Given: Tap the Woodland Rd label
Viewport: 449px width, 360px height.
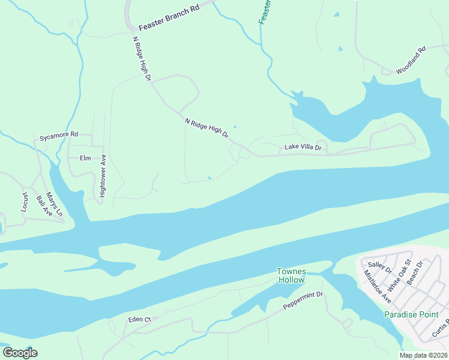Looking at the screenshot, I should pyautogui.click(x=410, y=61).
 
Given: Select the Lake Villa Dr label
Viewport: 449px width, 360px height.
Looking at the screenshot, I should pyautogui.click(x=303, y=147).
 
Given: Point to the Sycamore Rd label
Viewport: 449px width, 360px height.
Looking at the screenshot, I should pyautogui.click(x=59, y=136).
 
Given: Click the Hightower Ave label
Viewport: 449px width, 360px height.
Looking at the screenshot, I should pyautogui.click(x=103, y=176).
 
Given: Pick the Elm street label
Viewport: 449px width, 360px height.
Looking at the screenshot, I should pyautogui.click(x=84, y=158).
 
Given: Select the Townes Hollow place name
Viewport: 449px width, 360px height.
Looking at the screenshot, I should pyautogui.click(x=291, y=275).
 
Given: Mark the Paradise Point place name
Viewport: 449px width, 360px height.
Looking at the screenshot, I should pyautogui.click(x=416, y=314).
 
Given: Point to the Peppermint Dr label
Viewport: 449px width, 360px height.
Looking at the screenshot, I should pyautogui.click(x=303, y=301).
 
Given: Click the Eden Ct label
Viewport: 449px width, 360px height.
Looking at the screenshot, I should pyautogui.click(x=139, y=320).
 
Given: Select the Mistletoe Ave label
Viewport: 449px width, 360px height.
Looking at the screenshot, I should pyautogui.click(x=378, y=286).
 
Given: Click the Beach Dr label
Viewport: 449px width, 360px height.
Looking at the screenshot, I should pyautogui.click(x=415, y=272).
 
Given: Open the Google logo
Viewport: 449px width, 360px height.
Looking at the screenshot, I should pyautogui.click(x=20, y=352).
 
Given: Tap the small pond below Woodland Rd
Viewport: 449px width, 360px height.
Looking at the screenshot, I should pyautogui.click(x=340, y=49).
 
